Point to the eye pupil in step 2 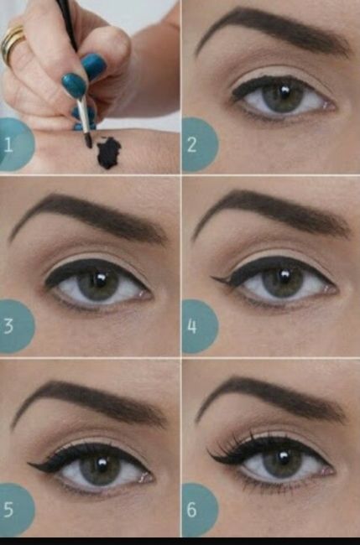pos(284,96)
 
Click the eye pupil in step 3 pos(99,283)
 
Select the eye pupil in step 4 pos(284,281)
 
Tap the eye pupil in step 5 pos(100,466)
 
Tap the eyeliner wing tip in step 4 pos(215,279)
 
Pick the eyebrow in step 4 pos(269,210)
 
